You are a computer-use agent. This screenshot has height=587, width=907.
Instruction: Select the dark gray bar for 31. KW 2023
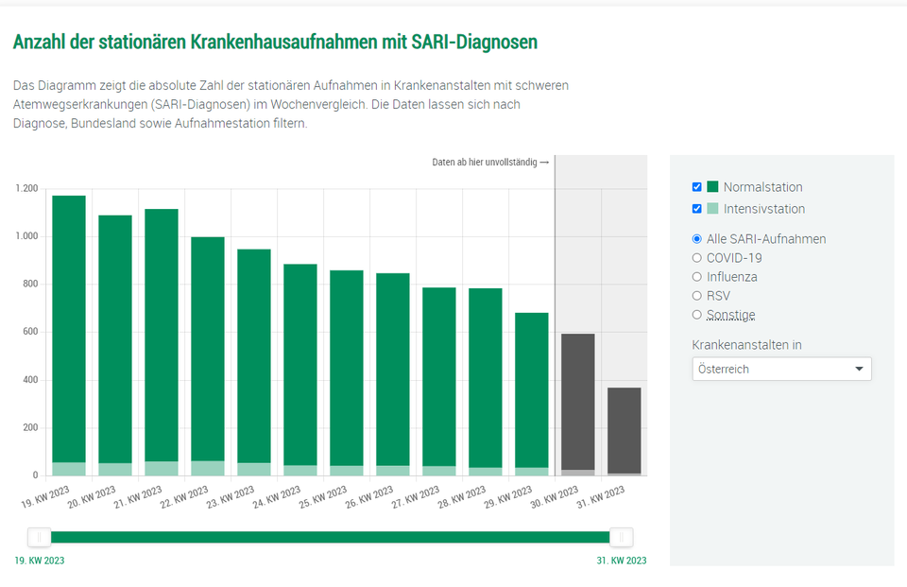(x=624, y=430)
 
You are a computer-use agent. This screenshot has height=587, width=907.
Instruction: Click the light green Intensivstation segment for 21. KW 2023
(x=162, y=469)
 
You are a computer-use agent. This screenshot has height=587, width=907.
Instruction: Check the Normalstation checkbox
(x=697, y=187)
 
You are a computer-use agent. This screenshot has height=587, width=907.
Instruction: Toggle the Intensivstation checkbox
(x=697, y=209)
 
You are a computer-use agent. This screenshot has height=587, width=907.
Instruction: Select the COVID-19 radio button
(x=697, y=258)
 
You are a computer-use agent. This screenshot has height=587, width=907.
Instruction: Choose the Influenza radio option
(x=697, y=277)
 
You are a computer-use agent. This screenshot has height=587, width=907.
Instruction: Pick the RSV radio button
(x=697, y=296)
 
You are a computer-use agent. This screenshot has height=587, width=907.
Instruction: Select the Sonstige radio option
(x=697, y=315)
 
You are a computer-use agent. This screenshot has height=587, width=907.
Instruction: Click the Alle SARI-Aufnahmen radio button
(x=697, y=239)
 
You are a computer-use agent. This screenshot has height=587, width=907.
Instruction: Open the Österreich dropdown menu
(x=781, y=369)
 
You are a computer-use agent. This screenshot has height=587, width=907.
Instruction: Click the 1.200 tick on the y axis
(x=26, y=189)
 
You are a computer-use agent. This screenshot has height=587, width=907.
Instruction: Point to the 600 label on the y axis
(x=29, y=333)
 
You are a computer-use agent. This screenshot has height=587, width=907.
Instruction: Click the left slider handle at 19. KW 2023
(x=40, y=537)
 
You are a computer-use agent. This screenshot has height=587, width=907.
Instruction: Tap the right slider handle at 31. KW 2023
(x=621, y=537)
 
